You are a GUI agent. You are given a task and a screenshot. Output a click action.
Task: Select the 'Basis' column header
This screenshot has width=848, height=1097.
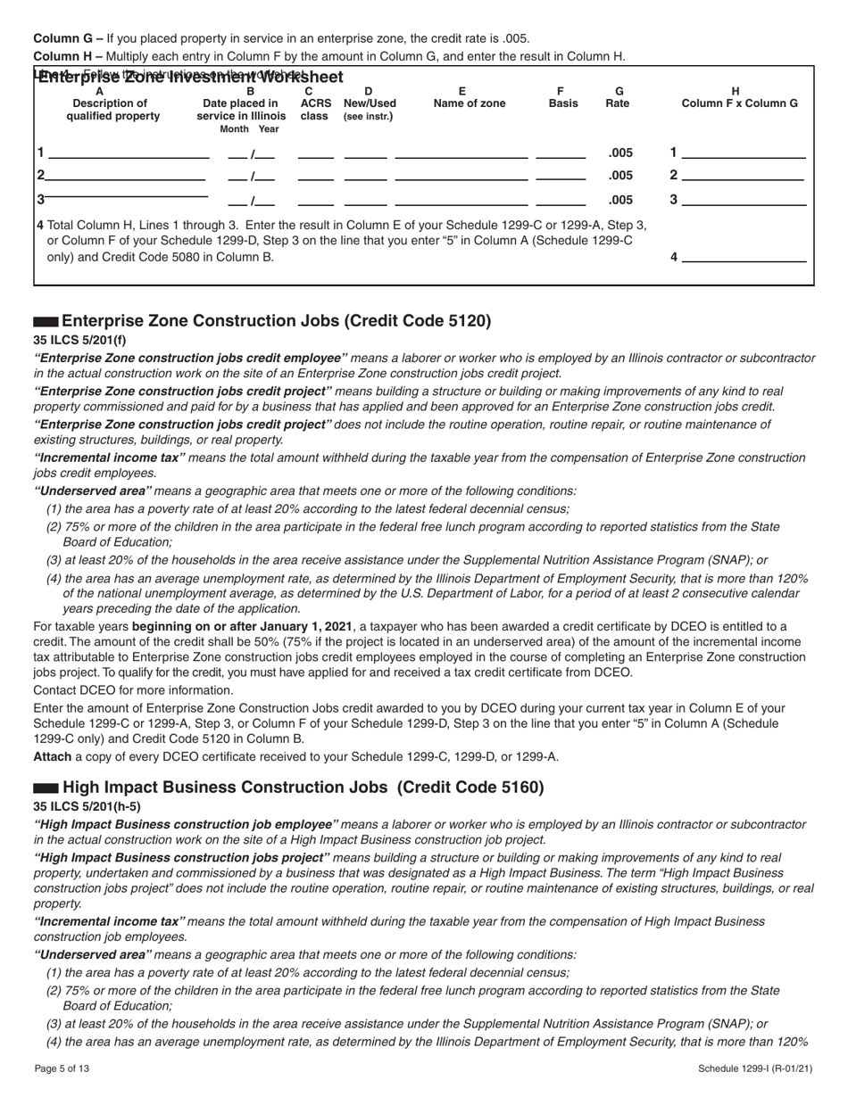point(561,103)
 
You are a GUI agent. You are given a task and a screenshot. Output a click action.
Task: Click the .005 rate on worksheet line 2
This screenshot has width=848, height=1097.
point(619,175)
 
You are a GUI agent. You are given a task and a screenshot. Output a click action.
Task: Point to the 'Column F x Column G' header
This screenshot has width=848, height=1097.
point(740,103)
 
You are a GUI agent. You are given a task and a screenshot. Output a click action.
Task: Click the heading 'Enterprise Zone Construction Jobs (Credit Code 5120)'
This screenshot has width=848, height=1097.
point(276,321)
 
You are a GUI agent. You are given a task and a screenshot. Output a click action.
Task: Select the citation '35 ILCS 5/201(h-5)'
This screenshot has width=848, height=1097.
point(87,806)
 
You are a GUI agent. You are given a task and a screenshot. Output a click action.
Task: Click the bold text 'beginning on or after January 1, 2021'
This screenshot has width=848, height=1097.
point(243,626)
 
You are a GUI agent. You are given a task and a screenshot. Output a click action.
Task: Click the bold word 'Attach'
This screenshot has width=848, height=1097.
point(53,756)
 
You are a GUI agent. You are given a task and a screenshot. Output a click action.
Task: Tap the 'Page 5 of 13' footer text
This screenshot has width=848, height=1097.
point(62,1068)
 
